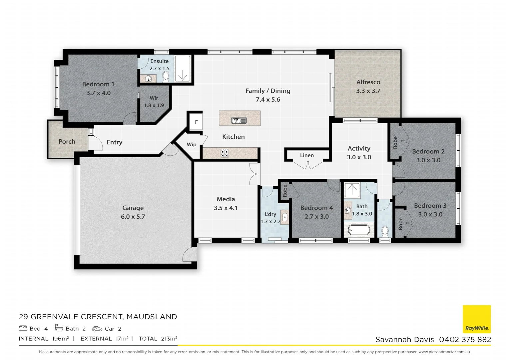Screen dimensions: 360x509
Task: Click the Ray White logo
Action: pyautogui.click(x=477, y=319)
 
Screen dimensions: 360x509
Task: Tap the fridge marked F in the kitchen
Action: pyautogui.click(x=196, y=122)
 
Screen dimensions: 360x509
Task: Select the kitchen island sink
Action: pyautogui.click(x=239, y=120)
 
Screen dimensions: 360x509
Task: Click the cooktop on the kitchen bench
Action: pyautogui.click(x=225, y=153)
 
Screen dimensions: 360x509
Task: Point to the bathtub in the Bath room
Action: pyautogui.click(x=358, y=230)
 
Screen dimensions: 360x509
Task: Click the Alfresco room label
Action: pyautogui.click(x=368, y=82)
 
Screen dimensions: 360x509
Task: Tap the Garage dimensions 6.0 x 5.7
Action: pyautogui.click(x=133, y=217)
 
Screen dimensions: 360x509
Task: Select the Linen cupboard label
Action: pyautogui.click(x=307, y=155)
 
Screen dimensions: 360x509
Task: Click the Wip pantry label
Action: pyautogui.click(x=192, y=144)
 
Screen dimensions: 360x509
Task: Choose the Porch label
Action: pyautogui.click(x=67, y=142)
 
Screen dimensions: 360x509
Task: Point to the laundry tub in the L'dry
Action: pyautogui.click(x=285, y=217)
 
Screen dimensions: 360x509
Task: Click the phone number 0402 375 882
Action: pyautogui.click(x=465, y=339)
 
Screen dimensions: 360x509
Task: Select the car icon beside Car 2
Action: pyautogui.click(x=97, y=329)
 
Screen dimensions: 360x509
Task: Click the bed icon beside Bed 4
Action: pyautogui.click(x=23, y=328)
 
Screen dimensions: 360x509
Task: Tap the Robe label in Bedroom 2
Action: pyautogui.click(x=395, y=142)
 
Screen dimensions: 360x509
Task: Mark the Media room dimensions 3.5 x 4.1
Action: pyautogui.click(x=226, y=208)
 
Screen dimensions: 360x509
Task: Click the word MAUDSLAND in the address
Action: pyautogui.click(x=152, y=317)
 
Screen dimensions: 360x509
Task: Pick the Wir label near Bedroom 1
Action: pyautogui.click(x=154, y=98)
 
